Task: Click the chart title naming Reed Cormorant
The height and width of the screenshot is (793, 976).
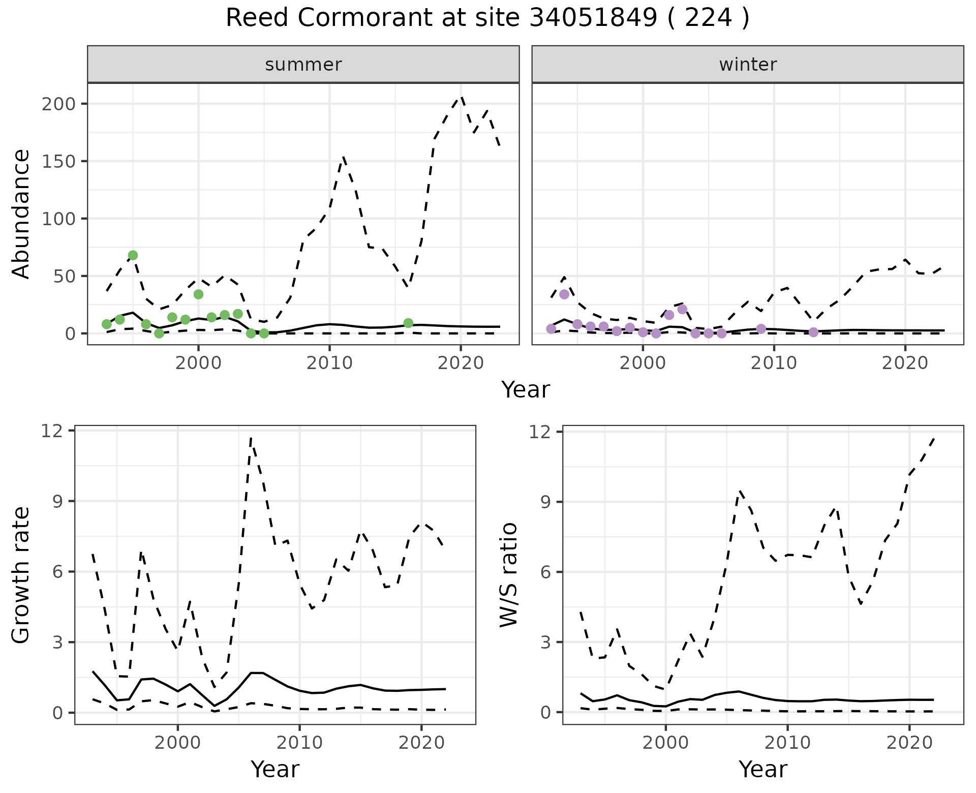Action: [x=487, y=19]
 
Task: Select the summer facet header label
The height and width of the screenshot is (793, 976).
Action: [x=303, y=65]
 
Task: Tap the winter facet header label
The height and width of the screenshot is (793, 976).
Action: [x=748, y=65]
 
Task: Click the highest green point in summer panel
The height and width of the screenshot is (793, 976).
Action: [x=133, y=255]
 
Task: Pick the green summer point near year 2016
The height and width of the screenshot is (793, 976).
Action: [x=408, y=323]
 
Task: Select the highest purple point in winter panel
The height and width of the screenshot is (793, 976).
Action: [x=564, y=294]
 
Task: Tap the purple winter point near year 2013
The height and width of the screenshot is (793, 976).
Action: [x=813, y=332]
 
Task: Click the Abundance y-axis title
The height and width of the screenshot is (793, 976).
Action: [x=21, y=214]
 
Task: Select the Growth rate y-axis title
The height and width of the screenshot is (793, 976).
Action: [x=21, y=575]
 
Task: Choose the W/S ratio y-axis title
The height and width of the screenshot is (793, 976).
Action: [x=509, y=575]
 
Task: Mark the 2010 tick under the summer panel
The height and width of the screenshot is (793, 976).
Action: [x=329, y=363]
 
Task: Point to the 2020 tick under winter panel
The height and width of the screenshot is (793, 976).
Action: [x=905, y=363]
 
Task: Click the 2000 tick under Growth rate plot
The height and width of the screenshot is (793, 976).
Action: [x=177, y=743]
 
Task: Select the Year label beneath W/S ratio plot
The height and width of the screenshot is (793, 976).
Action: [x=763, y=769]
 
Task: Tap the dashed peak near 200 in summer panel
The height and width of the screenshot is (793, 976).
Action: [x=461, y=97]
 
